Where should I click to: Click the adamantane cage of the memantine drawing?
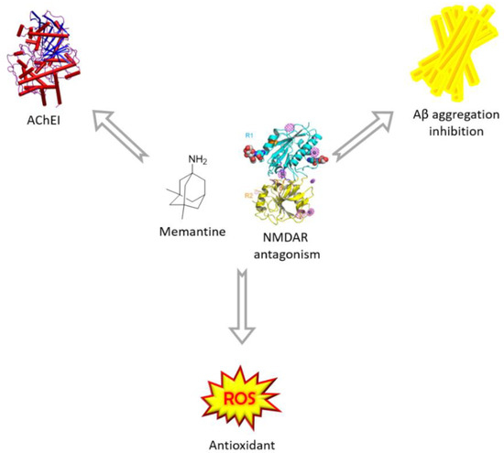click(191, 194)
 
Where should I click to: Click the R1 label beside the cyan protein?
click(247, 136)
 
